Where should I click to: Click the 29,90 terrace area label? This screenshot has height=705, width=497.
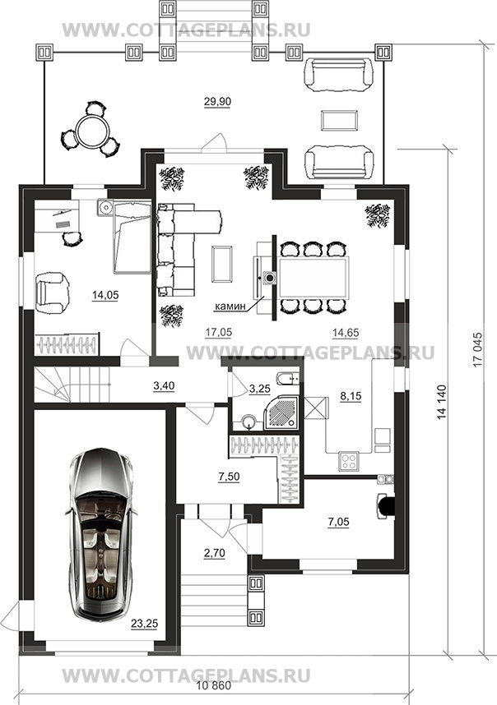pos(217,102)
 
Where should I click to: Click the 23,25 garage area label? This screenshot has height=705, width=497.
pos(145,623)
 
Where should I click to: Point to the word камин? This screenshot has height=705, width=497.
pos(230,306)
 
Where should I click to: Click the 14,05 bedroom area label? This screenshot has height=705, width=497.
pos(105,295)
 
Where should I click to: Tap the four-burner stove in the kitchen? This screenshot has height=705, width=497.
pos(349,461)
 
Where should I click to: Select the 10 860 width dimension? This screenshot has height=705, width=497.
pos(214,686)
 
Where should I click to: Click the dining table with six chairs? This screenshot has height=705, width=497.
pos(314,278)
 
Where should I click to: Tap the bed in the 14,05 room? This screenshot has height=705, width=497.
pos(132,237)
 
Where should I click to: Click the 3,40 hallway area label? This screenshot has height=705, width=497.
pos(164,385)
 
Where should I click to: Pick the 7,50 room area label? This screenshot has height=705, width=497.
pos(229,477)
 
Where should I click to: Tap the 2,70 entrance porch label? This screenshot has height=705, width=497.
pos(214,553)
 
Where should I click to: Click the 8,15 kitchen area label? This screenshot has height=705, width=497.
pos(351,396)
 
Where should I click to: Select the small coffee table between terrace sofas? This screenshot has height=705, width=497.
pos(340,120)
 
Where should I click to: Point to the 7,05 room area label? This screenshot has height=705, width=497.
pos(338,522)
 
